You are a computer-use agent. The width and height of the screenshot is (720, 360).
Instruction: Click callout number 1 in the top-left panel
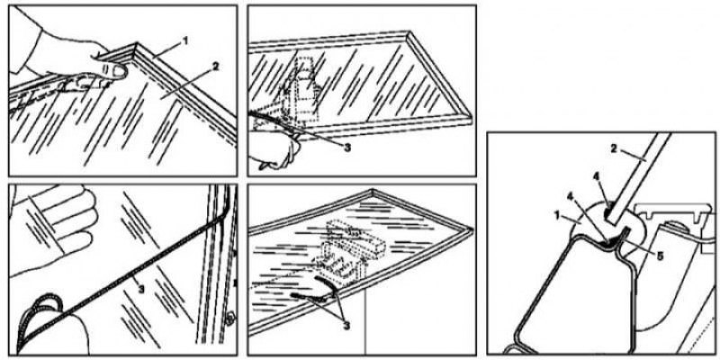click(185, 41)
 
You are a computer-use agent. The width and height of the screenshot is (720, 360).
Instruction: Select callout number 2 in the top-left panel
click(214, 67)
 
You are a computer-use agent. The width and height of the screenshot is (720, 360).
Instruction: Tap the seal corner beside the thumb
click(137, 48)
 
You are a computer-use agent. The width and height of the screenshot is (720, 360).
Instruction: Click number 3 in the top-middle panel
click(347, 148)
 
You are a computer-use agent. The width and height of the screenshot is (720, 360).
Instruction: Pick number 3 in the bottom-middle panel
click(346, 326)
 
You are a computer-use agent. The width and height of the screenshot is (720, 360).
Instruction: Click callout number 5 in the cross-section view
click(660, 256)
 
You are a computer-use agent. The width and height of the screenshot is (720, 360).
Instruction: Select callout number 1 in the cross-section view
click(559, 215)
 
